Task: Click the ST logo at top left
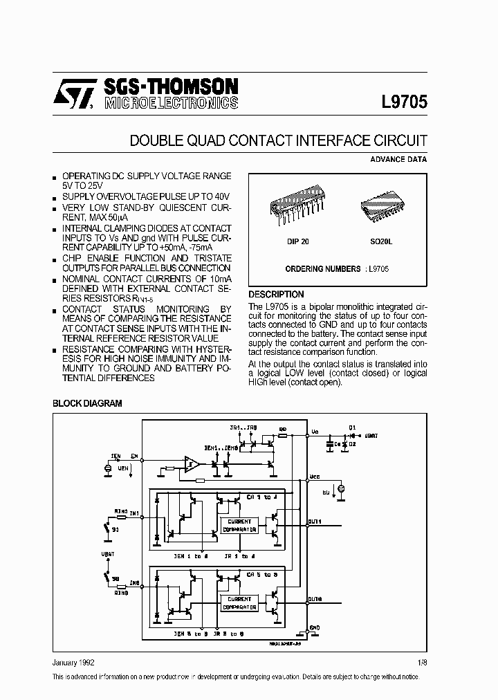point(73,96)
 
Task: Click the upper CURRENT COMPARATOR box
point(239,525)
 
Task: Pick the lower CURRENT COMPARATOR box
point(239,602)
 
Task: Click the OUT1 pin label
point(315,521)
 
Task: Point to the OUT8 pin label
point(315,599)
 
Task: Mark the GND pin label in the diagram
point(315,627)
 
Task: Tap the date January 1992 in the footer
point(74,662)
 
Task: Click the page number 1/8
point(422,662)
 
